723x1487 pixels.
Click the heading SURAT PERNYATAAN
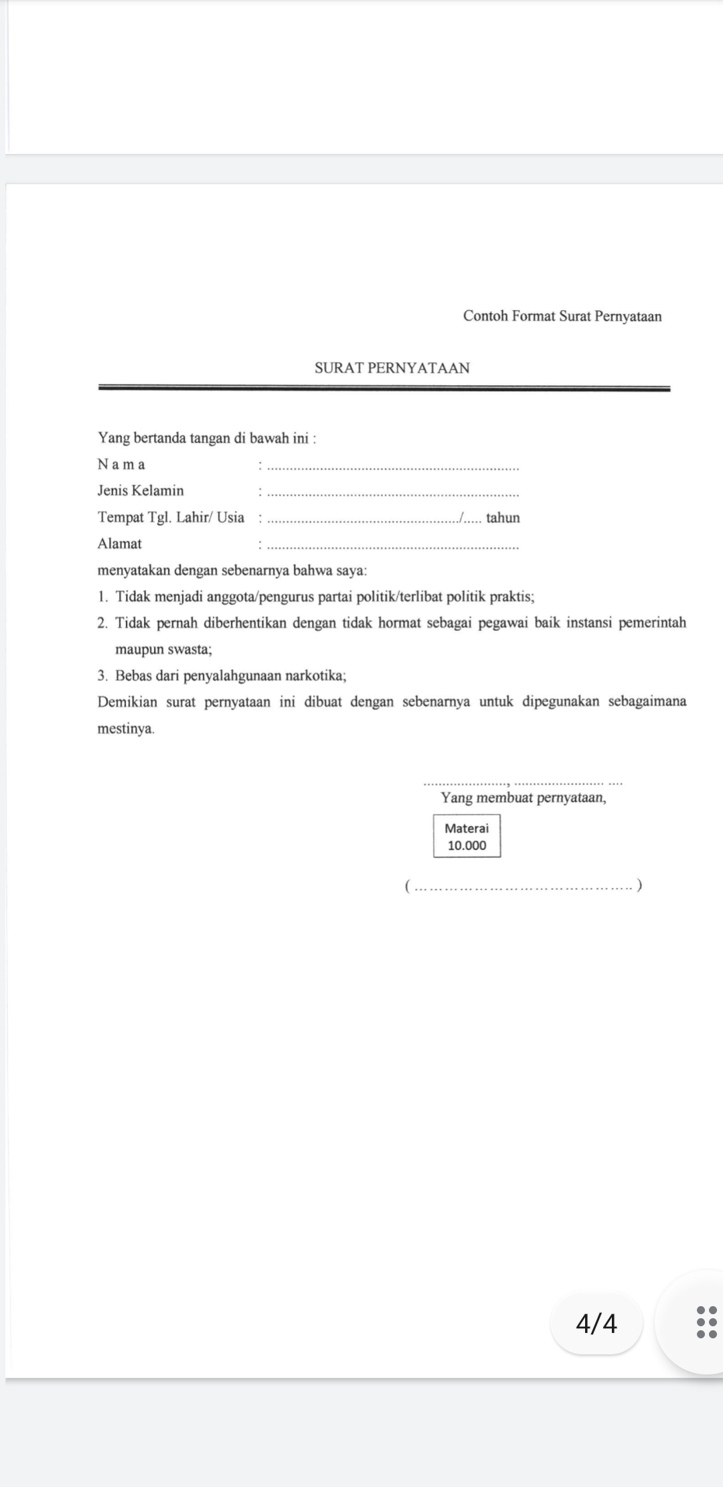(392, 368)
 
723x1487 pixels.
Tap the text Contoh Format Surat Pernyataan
(562, 316)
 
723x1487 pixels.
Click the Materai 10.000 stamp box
(467, 836)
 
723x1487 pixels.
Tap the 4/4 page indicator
(596, 1323)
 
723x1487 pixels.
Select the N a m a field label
(121, 464)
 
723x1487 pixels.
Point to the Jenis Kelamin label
(141, 490)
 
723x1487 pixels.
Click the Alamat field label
(120, 543)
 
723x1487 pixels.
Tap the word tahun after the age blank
(503, 518)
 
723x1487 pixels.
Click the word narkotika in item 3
(315, 675)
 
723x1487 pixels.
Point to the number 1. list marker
(102, 596)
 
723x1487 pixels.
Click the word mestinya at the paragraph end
(125, 728)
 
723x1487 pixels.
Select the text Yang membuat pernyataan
(524, 798)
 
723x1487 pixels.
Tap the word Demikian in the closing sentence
(128, 702)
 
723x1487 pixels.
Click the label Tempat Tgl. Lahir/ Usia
(171, 517)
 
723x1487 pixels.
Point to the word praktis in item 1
(511, 596)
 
